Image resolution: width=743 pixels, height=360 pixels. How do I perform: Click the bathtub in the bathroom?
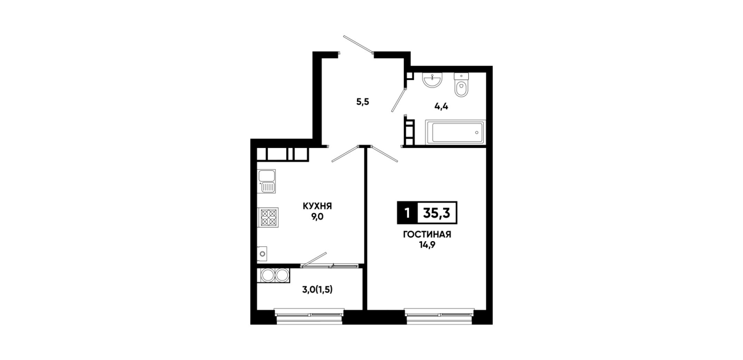[455, 133]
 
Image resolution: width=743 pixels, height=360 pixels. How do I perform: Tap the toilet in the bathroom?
[461, 85]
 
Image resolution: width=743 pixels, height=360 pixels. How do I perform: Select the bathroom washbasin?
[432, 81]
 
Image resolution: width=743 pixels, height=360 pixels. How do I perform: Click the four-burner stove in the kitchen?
[268, 217]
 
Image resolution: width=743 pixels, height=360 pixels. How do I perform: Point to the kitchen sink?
[267, 181]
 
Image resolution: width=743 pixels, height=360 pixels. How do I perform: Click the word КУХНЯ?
[317, 206]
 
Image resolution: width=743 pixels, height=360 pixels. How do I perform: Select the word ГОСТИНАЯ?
[427, 235]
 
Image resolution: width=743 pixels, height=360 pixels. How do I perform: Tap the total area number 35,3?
[436, 213]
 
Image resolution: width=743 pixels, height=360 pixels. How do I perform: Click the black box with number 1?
[407, 213]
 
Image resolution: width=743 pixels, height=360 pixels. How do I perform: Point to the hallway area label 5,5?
[363, 102]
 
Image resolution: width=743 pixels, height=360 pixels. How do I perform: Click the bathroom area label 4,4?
[441, 106]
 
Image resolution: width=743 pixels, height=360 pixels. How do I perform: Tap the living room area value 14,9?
[427, 245]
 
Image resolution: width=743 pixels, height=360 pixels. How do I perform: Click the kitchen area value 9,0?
[317, 217]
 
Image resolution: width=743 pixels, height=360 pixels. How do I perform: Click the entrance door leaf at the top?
[358, 44]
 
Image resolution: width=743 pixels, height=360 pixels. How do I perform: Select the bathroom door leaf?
[399, 100]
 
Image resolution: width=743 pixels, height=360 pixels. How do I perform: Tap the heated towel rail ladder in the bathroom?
[409, 130]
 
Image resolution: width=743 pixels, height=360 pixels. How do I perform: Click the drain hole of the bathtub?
[477, 133]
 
